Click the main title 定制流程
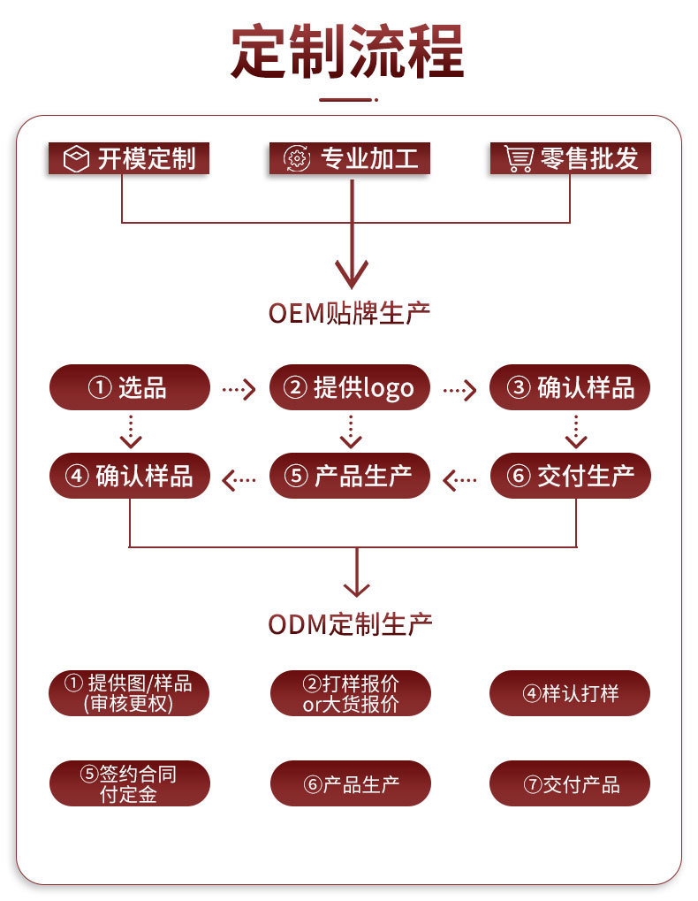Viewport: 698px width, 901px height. [x=348, y=51]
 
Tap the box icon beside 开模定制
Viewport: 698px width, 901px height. [x=76, y=158]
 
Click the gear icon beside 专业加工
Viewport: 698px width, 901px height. [x=297, y=158]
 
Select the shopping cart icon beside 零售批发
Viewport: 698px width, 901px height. [x=519, y=158]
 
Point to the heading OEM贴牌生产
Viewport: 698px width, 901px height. [x=349, y=314]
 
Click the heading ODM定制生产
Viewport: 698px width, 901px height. [x=350, y=624]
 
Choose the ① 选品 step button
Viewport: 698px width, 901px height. [x=130, y=387]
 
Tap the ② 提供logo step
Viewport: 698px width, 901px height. [x=350, y=387]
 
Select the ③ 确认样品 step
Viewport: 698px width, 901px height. [x=569, y=387]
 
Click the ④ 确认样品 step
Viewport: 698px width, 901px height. [x=130, y=476]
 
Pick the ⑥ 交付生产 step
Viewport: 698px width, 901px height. [x=571, y=476]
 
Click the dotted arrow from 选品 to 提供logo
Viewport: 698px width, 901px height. [x=239, y=389]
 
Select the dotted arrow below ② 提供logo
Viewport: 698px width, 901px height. [x=351, y=431]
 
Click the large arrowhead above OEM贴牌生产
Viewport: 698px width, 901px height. [x=352, y=274]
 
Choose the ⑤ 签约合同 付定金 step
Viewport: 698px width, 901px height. [x=130, y=783]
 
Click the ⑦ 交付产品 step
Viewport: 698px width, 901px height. [x=570, y=783]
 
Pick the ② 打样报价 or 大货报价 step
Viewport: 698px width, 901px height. [x=350, y=693]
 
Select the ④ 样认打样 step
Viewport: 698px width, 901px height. [x=570, y=693]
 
